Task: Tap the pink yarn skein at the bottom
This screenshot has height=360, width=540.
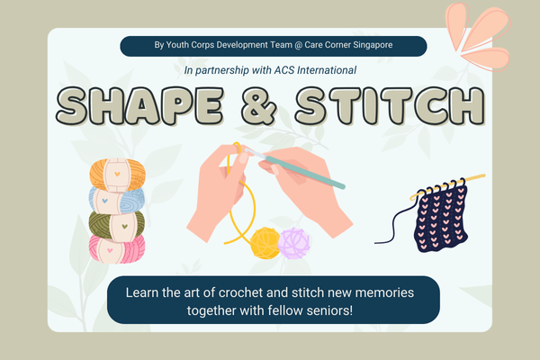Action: [113, 248]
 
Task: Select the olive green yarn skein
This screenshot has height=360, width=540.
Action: [113, 223]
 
